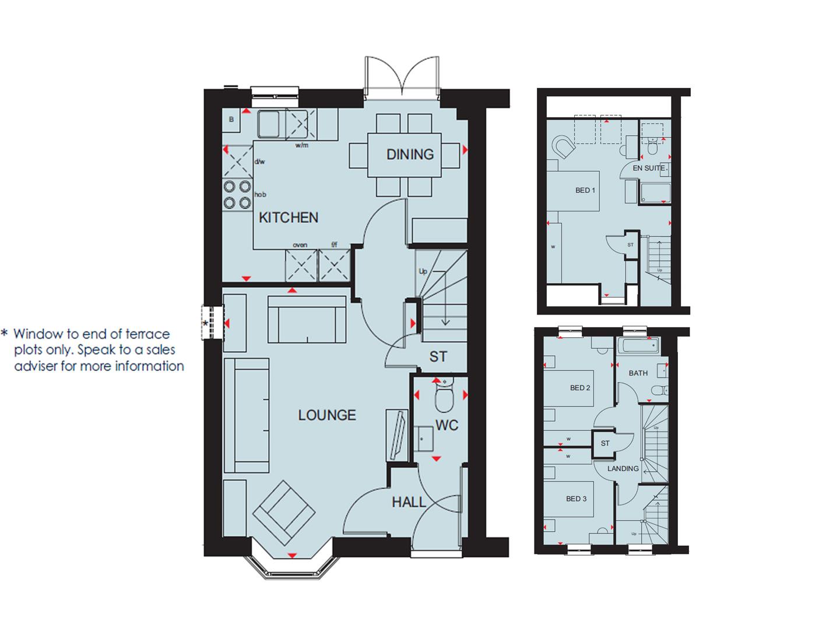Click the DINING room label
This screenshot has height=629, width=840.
[410, 154]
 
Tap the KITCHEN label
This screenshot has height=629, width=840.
[289, 218]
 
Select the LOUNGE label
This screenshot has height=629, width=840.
[327, 415]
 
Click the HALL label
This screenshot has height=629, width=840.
[409, 502]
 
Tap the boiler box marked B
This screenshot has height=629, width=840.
[231, 120]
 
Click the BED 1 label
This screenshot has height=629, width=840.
[585, 190]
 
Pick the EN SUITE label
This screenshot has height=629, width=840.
[648, 168]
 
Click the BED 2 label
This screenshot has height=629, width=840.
[580, 388]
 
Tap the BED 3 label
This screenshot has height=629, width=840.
[576, 499]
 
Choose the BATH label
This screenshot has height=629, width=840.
[638, 373]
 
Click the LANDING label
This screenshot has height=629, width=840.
[623, 468]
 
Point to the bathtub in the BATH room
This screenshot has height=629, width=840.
[639, 347]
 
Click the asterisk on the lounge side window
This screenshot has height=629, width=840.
[205, 323]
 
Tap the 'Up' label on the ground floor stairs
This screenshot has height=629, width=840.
[423, 271]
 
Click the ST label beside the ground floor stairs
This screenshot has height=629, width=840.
[438, 356]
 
